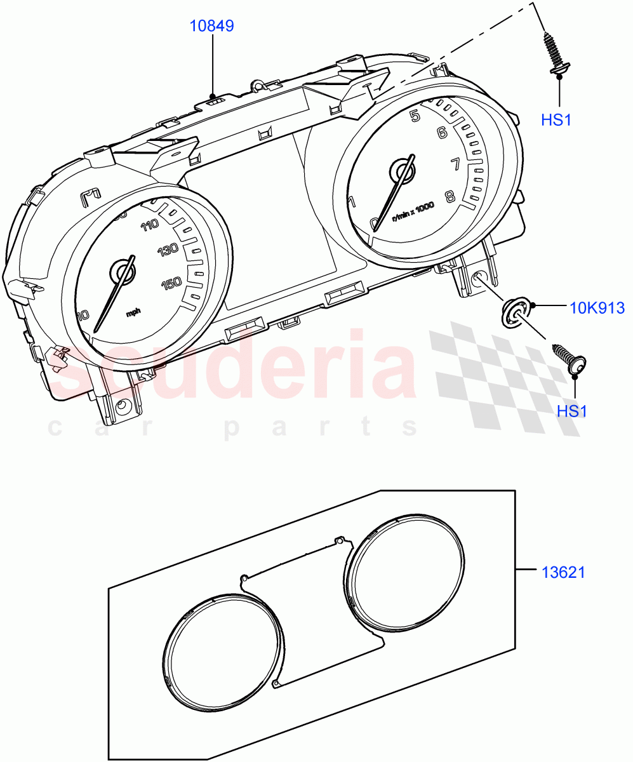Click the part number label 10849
pyautogui.click(x=212, y=26)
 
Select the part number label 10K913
pyautogui.click(x=597, y=308)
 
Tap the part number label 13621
pyautogui.click(x=563, y=572)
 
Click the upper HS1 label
pyautogui.click(x=556, y=119)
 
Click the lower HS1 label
pyautogui.click(x=572, y=411)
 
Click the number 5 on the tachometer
pyautogui.click(x=415, y=116)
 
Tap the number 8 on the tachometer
pyautogui.click(x=450, y=196)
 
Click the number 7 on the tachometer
pyautogui.click(x=455, y=164)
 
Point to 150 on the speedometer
pyautogui.click(x=171, y=284)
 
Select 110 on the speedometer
pyautogui.click(x=151, y=225)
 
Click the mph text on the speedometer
pyautogui.click(x=133, y=312)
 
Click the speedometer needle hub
pyautogui.click(x=123, y=272)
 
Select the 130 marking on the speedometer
pyautogui.click(x=168, y=250)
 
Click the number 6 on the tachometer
pyautogui.click(x=442, y=133)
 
